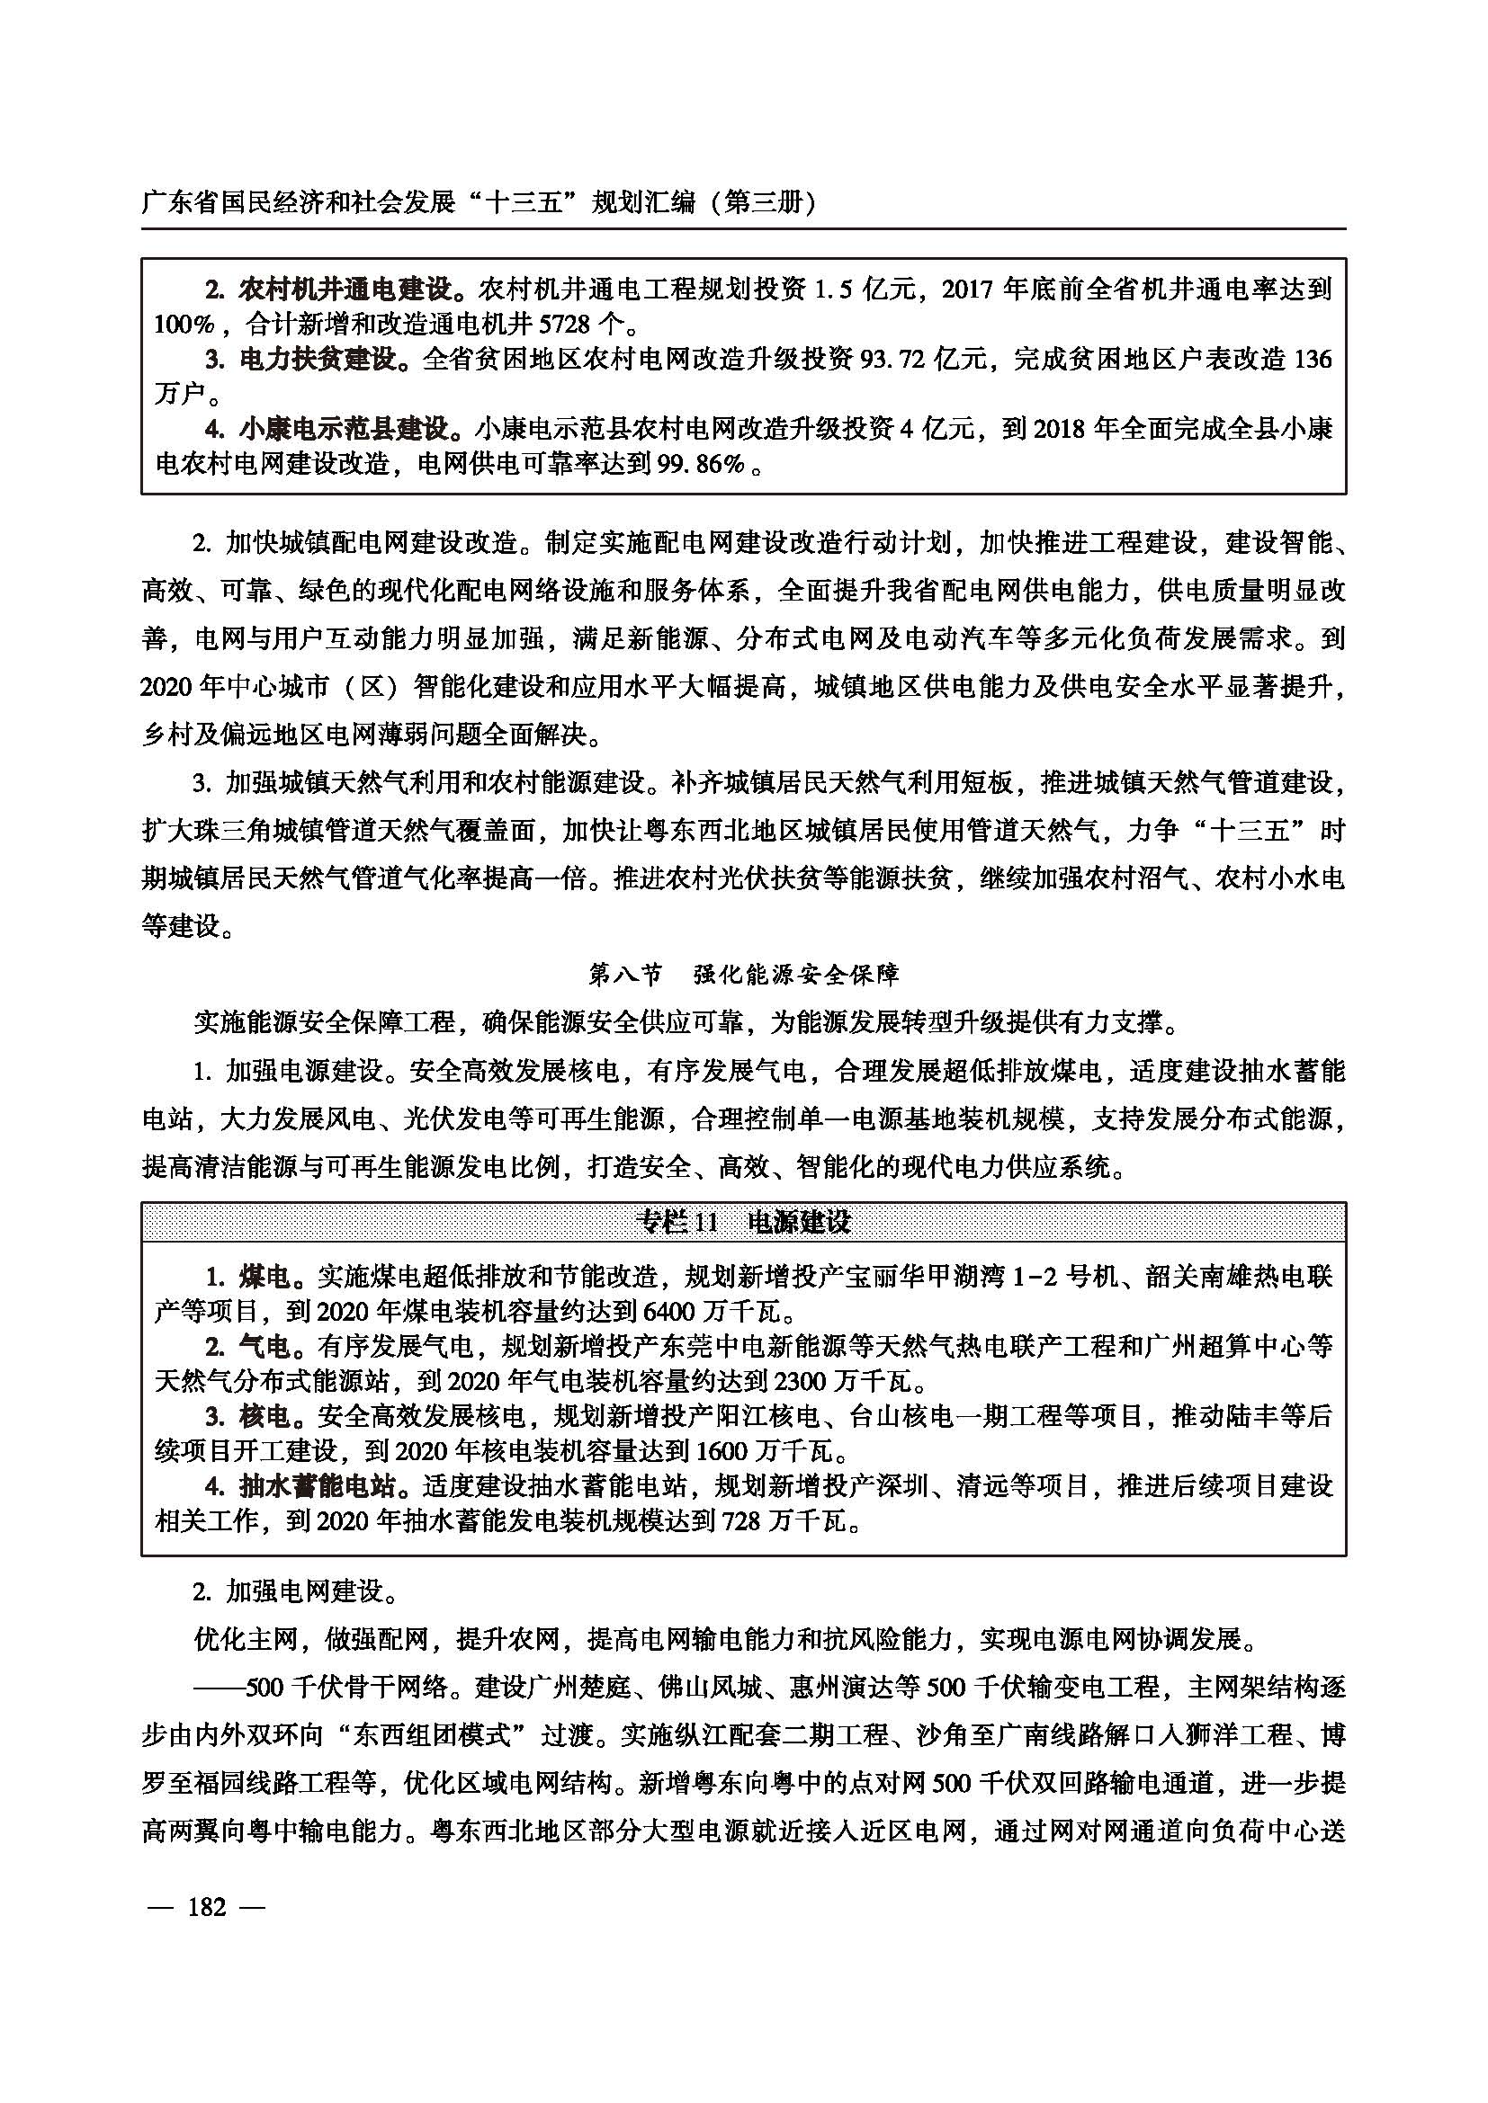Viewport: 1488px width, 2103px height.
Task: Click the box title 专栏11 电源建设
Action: [743, 1222]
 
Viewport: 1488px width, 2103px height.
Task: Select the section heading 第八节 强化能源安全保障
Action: [743, 974]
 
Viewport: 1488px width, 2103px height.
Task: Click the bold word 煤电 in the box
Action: [264, 1276]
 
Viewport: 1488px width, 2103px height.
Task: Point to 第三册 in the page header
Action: [764, 202]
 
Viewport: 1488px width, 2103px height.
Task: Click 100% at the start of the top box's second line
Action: [184, 325]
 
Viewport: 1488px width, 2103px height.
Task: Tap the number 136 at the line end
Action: [1311, 359]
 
